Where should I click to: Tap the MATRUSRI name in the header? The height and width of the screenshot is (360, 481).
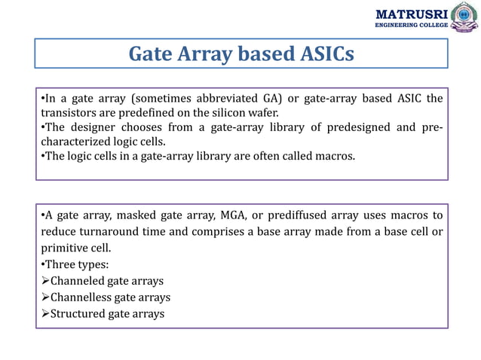[412, 13]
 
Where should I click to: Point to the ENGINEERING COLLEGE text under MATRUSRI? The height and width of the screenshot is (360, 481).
[412, 26]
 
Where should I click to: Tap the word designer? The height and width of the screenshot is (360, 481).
[88, 127]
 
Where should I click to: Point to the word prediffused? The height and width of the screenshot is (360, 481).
[298, 216]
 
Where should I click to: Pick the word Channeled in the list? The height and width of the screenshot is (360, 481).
[76, 281]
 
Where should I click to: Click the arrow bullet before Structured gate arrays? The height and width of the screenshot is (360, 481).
[44, 314]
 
